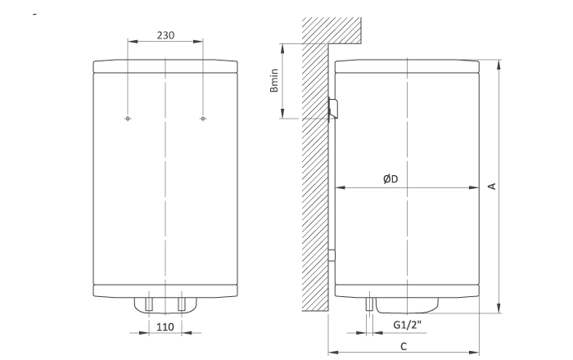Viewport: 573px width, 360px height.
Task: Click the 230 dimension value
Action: (165, 35)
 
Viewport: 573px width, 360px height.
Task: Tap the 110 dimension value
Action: (165, 326)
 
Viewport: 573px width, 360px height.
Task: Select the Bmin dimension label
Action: (274, 80)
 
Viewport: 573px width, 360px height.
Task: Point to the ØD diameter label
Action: (390, 179)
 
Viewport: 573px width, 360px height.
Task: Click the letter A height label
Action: (492, 187)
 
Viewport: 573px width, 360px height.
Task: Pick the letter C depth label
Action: (404, 346)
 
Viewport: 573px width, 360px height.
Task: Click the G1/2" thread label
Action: (407, 324)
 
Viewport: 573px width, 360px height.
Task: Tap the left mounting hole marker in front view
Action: (128, 119)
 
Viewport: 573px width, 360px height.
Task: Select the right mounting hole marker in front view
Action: (203, 119)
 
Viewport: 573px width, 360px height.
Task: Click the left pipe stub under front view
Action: (149, 304)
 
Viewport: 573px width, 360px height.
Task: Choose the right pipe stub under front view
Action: (182, 304)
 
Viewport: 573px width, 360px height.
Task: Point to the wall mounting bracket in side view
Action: (333, 108)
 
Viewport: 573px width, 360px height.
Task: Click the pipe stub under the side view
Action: (369, 304)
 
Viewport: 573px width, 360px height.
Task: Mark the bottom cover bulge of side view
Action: (407, 306)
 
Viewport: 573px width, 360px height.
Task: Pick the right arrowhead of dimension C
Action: (474, 353)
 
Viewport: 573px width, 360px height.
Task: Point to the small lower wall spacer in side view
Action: (332, 255)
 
